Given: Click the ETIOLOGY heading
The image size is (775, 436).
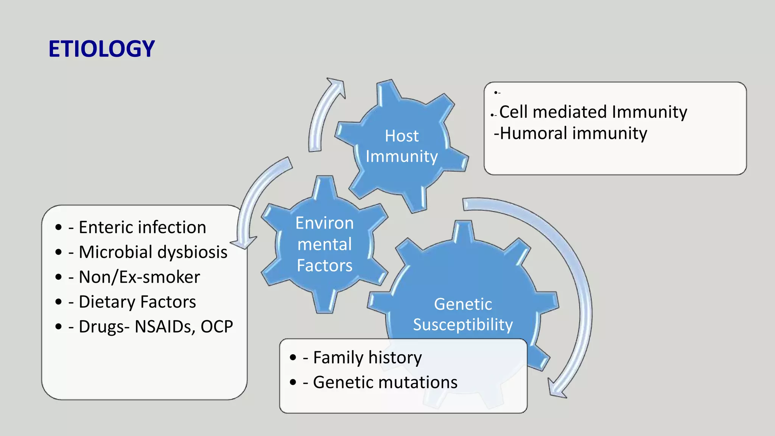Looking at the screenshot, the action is point(102,49).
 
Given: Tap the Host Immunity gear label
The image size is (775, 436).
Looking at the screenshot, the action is point(402,146).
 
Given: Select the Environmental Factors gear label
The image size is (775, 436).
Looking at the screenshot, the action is point(325,244).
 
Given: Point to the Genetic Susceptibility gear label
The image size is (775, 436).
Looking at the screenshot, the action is point(463,315).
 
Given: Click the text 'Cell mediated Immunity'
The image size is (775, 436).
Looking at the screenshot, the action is point(593,112).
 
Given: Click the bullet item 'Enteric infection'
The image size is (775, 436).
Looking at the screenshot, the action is point(142,227).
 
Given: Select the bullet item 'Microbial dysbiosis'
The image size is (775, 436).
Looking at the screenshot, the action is point(153,252).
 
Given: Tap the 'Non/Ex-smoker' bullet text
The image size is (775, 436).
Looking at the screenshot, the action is point(139,277).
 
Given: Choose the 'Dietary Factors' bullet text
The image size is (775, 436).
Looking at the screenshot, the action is point(137,302).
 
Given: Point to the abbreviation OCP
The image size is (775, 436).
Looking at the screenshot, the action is point(216,327).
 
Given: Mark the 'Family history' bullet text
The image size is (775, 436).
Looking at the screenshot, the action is point(367,358).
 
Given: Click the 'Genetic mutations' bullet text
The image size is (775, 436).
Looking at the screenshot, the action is point(385,382).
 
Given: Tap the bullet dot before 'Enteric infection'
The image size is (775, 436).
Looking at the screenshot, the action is point(58,227).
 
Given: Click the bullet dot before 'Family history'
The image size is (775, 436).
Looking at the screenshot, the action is point(293,358).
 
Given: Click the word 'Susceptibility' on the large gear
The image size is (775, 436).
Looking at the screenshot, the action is point(463,325).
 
